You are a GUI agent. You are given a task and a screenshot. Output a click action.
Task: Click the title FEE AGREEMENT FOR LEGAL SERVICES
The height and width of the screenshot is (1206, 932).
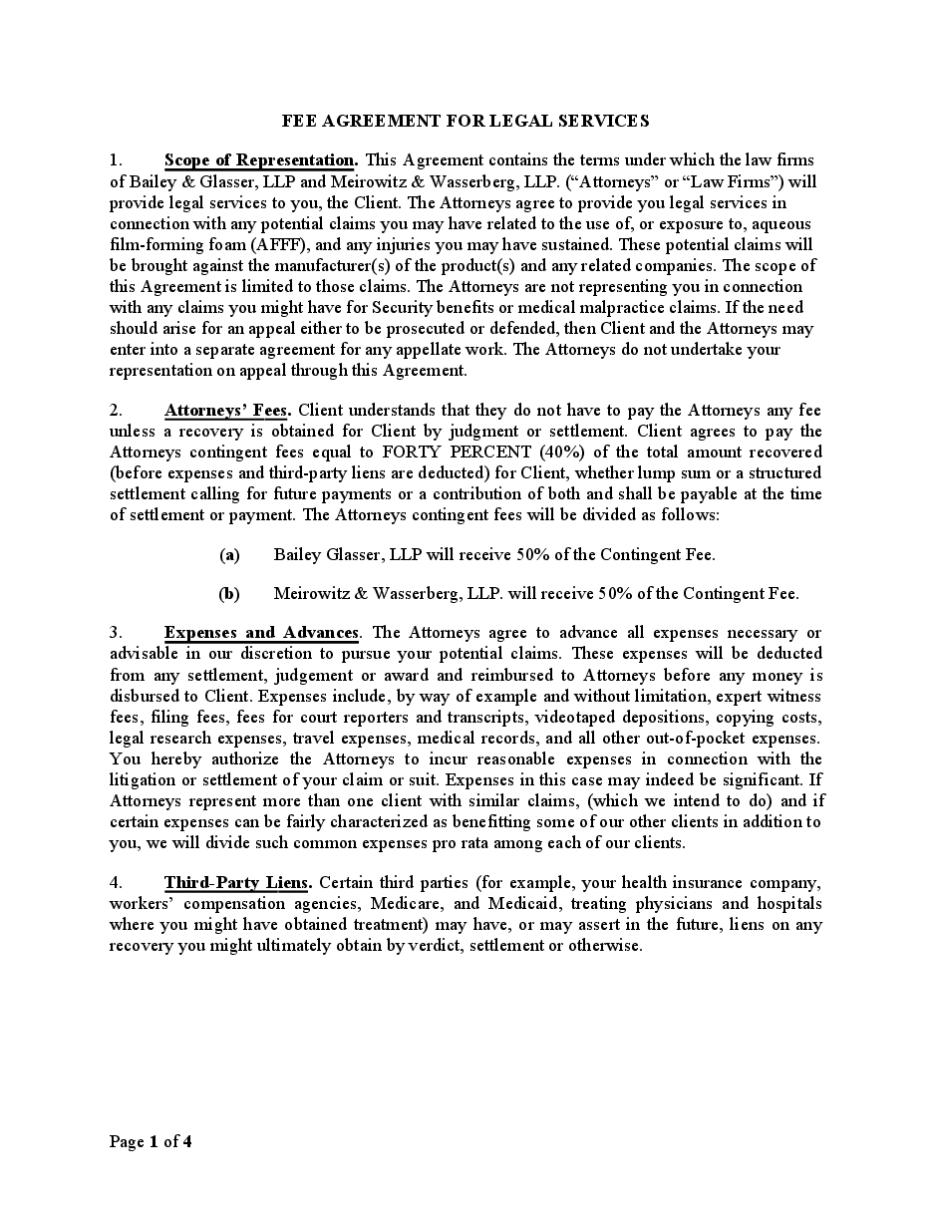click(466, 121)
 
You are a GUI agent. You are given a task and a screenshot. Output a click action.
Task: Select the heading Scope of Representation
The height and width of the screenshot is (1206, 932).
click(259, 159)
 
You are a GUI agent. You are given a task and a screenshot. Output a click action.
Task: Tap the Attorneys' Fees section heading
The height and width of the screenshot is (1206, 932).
click(226, 410)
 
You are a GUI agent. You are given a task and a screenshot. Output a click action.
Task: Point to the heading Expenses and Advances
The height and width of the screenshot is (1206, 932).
click(261, 632)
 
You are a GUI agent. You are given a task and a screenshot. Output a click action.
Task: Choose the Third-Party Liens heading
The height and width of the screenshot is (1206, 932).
click(237, 882)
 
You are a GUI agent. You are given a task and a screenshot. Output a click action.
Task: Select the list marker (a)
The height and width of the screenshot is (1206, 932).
click(229, 554)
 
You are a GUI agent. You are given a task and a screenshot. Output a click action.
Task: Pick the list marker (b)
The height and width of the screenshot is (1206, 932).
click(229, 593)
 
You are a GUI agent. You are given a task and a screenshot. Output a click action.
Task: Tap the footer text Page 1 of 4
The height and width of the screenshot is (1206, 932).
click(151, 1142)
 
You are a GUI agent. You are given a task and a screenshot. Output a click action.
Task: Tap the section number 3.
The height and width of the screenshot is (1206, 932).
click(116, 632)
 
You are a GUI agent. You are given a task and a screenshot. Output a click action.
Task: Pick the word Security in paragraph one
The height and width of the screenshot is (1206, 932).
click(403, 308)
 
